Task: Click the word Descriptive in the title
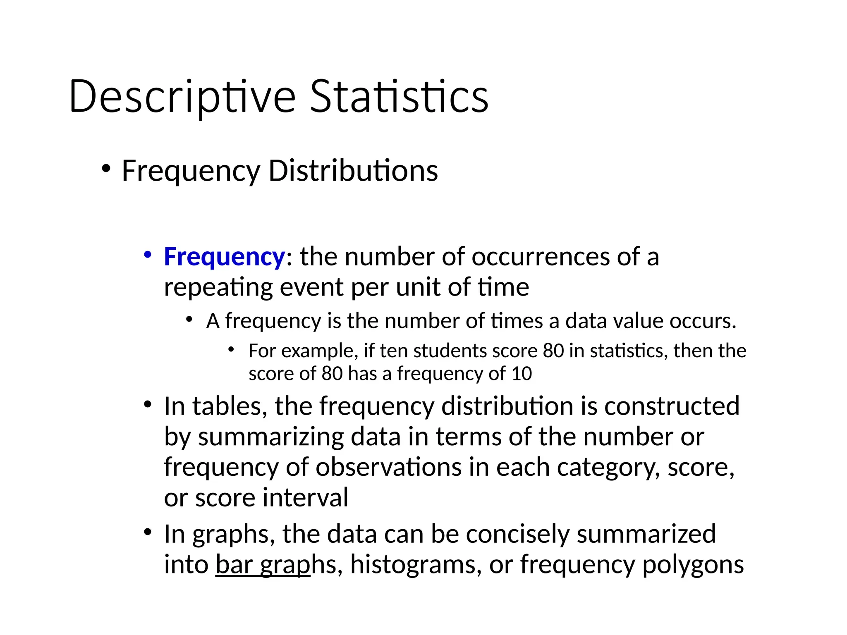[182, 97]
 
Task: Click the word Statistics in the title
[399, 97]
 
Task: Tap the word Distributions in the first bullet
[353, 171]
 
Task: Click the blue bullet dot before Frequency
[147, 254]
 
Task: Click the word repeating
[218, 287]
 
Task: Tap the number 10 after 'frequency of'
[522, 374]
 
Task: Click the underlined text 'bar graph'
[263, 565]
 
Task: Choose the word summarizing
[271, 437]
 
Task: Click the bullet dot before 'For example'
[231, 350]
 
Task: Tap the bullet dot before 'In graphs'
[148, 532]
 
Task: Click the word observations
[389, 468]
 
